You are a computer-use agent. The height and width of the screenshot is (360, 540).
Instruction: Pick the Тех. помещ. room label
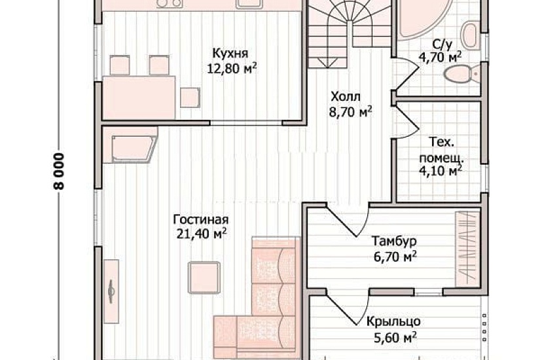click(x=441, y=151)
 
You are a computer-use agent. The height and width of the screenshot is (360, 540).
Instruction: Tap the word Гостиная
click(x=200, y=219)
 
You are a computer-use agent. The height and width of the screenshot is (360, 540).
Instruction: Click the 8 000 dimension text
click(x=60, y=171)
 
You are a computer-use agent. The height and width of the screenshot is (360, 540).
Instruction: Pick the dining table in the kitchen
click(x=139, y=98)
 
